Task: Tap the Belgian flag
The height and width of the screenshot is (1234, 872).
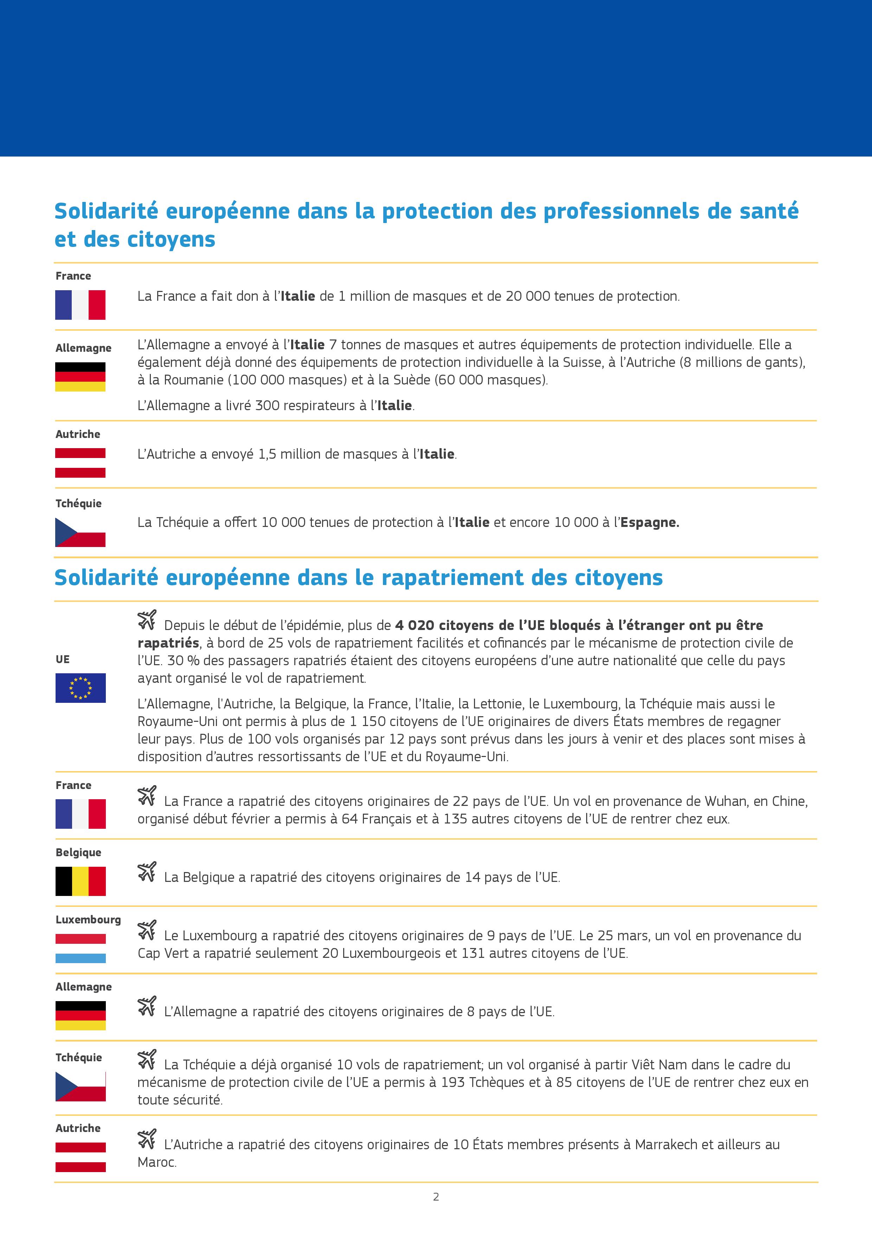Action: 81,881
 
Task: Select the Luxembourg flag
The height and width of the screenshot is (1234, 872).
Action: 81,948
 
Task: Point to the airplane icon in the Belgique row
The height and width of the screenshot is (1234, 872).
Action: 147,871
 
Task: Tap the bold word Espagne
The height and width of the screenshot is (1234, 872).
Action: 649,522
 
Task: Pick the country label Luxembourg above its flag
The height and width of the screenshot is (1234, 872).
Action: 88,920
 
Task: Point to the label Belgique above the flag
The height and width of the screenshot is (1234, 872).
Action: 78,852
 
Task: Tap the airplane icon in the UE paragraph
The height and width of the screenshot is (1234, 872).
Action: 147,619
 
